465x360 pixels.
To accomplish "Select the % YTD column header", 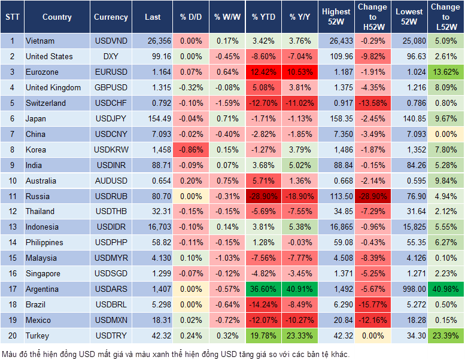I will point(263,17).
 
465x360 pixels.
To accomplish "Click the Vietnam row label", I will point(40,41).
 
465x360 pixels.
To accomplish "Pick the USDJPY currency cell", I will point(111,119).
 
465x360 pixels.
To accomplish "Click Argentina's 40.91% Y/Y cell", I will point(301,289).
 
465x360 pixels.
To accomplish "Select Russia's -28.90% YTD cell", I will point(263,196).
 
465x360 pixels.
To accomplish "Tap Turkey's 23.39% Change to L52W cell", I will point(446,336).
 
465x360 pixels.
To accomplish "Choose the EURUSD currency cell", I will point(111,72).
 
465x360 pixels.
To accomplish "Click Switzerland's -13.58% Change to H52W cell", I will point(372,103).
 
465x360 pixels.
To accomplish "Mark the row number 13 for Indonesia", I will point(11,227).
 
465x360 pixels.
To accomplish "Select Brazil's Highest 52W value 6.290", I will point(336,305).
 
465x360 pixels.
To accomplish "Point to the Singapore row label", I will point(43,274).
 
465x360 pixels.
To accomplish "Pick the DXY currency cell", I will point(111,57).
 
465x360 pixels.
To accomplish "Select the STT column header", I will point(11,17).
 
